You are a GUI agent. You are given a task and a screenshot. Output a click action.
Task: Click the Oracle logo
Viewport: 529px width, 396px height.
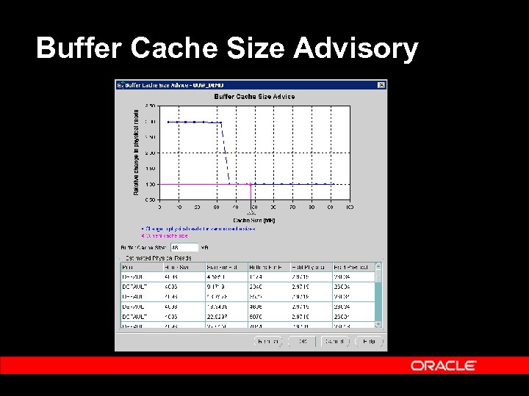(x=443, y=365)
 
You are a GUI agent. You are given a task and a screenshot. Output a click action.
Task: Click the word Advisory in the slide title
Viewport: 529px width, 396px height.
(x=356, y=48)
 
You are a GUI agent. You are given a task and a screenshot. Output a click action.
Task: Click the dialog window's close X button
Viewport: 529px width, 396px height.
(x=381, y=85)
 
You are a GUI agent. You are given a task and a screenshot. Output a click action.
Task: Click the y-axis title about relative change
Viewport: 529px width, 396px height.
(x=136, y=152)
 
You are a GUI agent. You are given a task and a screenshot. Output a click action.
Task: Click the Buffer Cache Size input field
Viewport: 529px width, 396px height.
(x=183, y=248)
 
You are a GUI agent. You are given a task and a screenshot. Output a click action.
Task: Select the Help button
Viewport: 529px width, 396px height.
(x=369, y=341)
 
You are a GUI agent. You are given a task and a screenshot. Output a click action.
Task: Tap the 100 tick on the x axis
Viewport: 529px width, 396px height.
(x=350, y=208)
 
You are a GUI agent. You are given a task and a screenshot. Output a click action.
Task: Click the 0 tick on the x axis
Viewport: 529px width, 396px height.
(x=160, y=208)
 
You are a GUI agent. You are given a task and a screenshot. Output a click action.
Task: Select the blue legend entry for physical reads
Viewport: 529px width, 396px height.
(x=198, y=229)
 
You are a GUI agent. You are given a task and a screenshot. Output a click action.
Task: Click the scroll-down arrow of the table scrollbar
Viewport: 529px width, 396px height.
(x=378, y=323)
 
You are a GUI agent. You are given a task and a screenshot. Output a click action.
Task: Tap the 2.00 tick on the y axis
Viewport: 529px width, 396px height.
(x=150, y=153)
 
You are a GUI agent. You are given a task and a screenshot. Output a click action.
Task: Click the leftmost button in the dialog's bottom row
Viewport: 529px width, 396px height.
(x=269, y=341)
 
